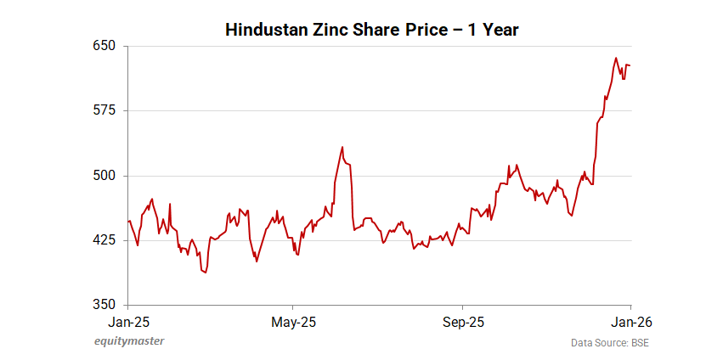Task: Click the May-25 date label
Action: pyautogui.click(x=293, y=322)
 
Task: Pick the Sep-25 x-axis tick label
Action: pyautogui.click(x=463, y=322)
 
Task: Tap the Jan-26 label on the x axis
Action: pyautogui.click(x=631, y=322)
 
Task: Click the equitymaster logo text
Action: pyautogui.click(x=128, y=341)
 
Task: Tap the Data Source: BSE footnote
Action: pyautogui.click(x=603, y=342)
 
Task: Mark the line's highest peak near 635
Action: pyautogui.click(x=616, y=58)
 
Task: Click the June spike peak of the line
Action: pyautogui.click(x=342, y=147)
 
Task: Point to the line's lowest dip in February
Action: pyautogui.click(x=206, y=273)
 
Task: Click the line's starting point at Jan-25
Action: pyautogui.click(x=128, y=222)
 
